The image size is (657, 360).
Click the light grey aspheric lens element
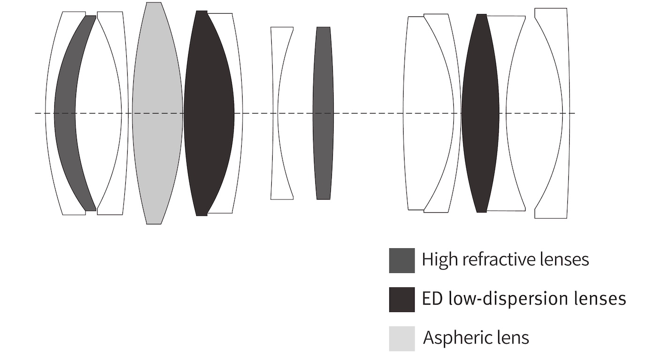coord(157,113)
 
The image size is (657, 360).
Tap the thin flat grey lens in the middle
coord(323,113)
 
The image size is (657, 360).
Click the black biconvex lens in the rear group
coord(480,113)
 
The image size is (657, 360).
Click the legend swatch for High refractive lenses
coord(402,260)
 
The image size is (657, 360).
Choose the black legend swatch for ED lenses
coord(402,299)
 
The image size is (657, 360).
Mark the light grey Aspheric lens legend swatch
coord(402,338)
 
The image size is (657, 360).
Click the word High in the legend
coord(437,260)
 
